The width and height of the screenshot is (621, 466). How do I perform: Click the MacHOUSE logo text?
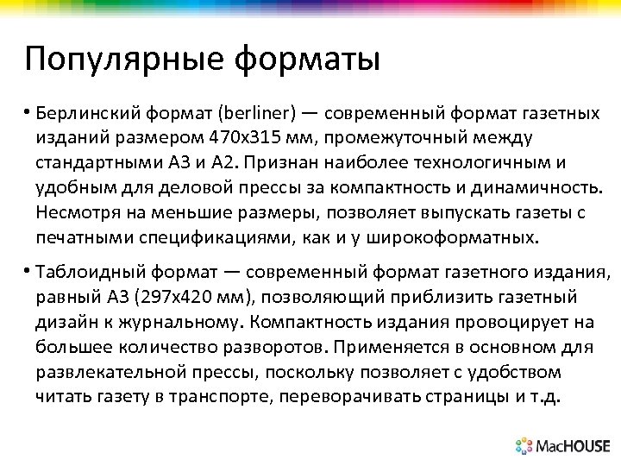pos(573,446)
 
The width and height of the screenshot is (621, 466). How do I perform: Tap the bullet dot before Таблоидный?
pos(28,274)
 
